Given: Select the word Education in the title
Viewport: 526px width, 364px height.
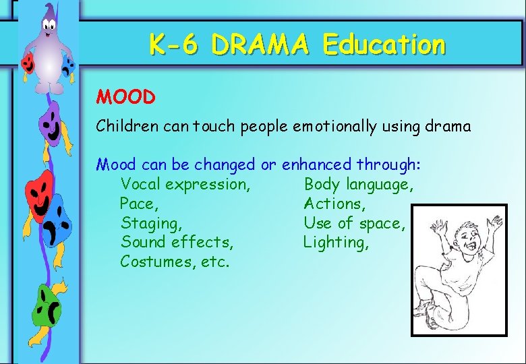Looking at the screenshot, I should tap(384, 46).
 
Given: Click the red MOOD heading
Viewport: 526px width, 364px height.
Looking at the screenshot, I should tap(126, 97).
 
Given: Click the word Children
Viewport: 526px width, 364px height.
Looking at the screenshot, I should tap(124, 126).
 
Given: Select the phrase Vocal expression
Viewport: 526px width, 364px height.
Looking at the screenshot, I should tap(185, 184).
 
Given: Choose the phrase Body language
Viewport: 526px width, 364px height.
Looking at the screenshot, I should tap(358, 184).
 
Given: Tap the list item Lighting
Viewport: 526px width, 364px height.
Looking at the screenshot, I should tap(336, 242).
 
